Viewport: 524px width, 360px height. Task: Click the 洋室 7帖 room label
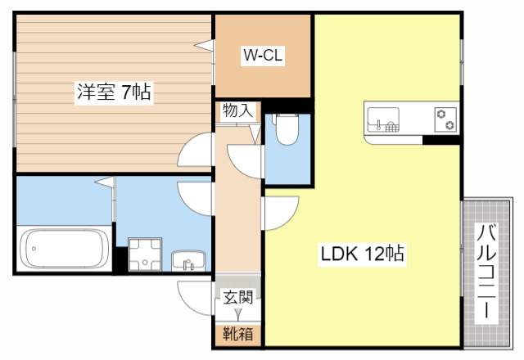coord(112,92)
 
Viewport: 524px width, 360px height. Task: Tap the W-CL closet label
coord(262,56)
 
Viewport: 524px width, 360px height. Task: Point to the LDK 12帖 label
coord(364,254)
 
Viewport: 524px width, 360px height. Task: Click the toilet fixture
coord(287,128)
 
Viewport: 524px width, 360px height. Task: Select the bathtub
coord(64,249)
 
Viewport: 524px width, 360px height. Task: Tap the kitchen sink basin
coord(382,119)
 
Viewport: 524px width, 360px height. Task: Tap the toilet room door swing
coord(243,159)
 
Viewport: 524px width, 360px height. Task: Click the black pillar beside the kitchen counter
coord(441,141)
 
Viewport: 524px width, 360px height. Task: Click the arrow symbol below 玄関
coord(238,313)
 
